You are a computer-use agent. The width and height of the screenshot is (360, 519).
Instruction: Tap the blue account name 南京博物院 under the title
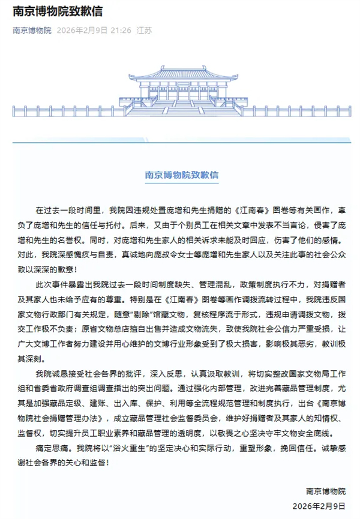tap(32, 29)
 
